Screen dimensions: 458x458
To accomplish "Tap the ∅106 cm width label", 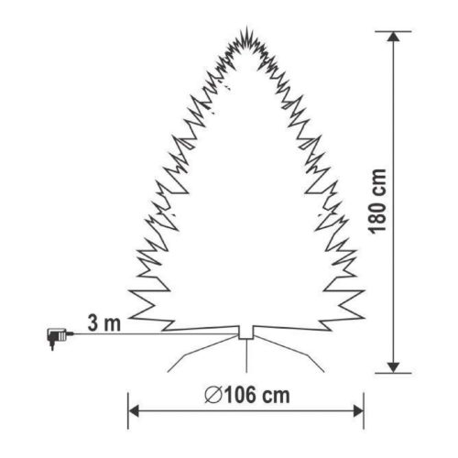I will click(x=248, y=396).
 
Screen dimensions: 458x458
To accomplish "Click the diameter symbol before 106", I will click(x=212, y=396).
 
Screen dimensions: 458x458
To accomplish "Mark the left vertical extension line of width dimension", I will click(x=127, y=412).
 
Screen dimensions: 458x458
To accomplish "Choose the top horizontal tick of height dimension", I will click(x=394, y=31).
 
